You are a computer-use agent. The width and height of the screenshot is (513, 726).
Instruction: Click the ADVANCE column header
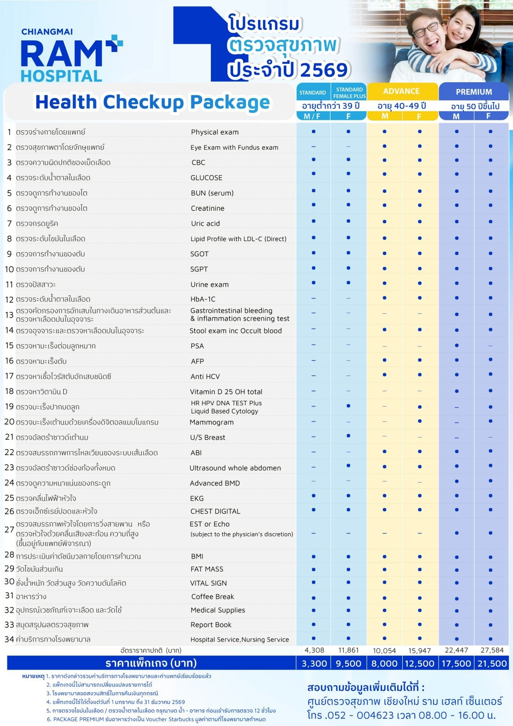pos(401,91)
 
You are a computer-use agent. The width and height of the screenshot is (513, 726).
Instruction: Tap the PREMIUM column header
pos(474,92)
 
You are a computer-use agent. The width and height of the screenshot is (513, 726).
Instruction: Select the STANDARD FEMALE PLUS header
pos(349,93)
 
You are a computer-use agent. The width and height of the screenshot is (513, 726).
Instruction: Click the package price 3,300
pos(314,664)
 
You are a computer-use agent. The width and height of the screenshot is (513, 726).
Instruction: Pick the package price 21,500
pos(492,664)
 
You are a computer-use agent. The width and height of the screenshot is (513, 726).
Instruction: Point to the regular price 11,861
pos(349,650)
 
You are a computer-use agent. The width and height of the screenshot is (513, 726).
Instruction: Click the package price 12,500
pos(419,664)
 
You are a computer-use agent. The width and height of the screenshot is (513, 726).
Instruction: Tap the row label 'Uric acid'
pos(205,224)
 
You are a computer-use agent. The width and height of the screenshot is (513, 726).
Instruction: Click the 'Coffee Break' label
pos(213,597)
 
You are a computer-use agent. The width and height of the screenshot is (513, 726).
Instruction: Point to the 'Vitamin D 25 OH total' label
pos(226,392)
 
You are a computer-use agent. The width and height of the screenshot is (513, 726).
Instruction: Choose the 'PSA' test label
pos(197,346)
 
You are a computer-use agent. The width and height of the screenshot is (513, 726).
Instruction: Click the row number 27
pos(9,530)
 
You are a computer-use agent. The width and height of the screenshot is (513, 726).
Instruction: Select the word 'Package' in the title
pos(230,102)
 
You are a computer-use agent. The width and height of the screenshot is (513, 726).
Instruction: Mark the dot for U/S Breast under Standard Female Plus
pos(348,436)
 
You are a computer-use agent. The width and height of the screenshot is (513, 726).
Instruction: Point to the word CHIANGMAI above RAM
pos(47,32)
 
